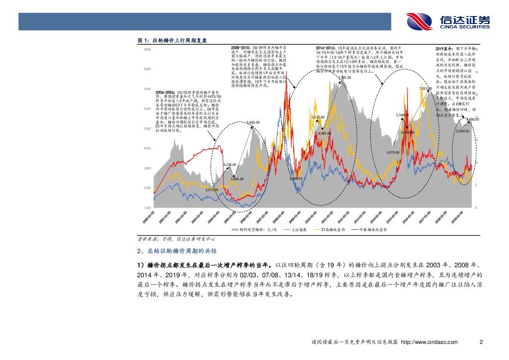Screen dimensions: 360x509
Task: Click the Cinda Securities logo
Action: (448, 21)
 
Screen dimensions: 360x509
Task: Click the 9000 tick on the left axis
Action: (147, 50)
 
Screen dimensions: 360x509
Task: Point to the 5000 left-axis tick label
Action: (147, 129)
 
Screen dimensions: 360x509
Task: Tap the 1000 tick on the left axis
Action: (147, 208)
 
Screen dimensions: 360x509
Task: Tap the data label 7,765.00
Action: (344, 78)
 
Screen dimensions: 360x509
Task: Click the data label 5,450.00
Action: (253, 123)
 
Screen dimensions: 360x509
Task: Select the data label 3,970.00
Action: (393, 152)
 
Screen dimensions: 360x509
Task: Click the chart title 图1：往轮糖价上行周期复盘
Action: (172, 40)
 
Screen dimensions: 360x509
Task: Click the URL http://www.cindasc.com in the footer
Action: (429, 342)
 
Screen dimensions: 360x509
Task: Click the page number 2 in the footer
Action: (481, 342)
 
